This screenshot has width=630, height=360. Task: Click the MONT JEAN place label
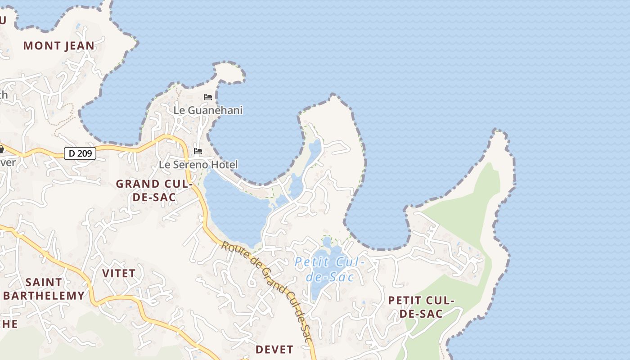pos(59,46)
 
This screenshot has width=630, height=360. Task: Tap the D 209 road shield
pos(80,153)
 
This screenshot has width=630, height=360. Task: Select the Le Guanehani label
pos(208,110)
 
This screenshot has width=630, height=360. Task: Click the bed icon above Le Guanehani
pos(207,97)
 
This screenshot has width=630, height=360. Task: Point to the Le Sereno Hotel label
pos(198,165)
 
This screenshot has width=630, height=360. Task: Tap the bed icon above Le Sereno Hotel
pos(198,151)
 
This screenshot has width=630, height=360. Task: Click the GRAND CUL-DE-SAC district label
pos(154,190)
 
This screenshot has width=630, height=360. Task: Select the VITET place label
pos(118,274)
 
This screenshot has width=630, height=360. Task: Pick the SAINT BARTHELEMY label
pos(44,289)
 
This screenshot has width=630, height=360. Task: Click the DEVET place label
pos(274,350)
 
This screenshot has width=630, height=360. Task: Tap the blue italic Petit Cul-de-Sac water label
pos(329,269)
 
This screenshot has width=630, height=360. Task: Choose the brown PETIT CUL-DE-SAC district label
pos(421,306)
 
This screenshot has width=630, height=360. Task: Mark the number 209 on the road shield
pos(84,153)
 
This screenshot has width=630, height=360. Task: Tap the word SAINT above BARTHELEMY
pos(44,283)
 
